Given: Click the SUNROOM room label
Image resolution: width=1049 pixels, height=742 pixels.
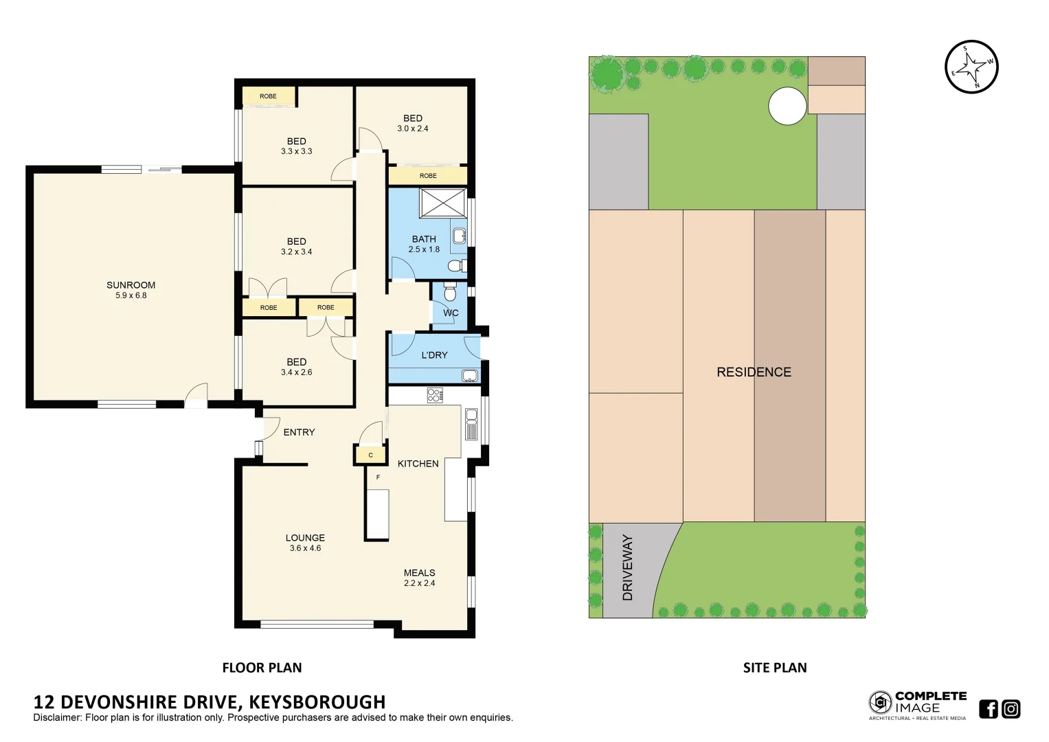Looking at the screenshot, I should (x=131, y=285).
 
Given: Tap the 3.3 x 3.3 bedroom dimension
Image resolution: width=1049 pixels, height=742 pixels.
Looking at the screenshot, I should (x=296, y=151).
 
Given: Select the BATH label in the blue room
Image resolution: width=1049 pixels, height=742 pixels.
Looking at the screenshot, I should (x=424, y=239).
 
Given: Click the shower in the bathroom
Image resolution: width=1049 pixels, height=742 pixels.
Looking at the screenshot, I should (x=443, y=203).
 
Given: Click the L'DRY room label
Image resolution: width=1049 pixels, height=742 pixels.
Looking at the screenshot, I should (x=434, y=355).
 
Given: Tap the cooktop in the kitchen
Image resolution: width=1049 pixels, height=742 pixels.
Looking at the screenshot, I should (x=435, y=395).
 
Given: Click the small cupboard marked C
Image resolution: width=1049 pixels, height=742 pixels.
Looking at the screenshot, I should (x=370, y=455).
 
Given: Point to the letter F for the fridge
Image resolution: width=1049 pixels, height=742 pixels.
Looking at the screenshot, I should (x=378, y=477).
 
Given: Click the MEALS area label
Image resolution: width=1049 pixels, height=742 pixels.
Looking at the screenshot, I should (x=419, y=572).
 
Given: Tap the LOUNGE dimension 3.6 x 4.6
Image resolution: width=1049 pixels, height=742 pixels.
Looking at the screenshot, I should (x=305, y=548).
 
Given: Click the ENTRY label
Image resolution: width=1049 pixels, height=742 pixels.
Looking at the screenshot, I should (x=299, y=432).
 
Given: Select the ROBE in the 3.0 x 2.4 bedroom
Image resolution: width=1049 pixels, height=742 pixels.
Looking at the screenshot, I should (x=428, y=176).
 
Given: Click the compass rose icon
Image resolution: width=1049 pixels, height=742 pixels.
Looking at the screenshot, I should (x=971, y=67).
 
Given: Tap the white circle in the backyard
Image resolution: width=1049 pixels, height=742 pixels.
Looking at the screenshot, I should (x=787, y=106).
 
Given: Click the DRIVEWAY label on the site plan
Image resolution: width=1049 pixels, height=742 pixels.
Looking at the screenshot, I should (x=627, y=568).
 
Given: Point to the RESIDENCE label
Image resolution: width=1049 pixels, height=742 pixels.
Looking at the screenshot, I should (x=754, y=372).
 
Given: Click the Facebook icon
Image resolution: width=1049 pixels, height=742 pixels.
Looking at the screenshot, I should (x=988, y=708).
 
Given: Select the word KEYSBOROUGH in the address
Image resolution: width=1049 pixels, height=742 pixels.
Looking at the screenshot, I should (x=317, y=701).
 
